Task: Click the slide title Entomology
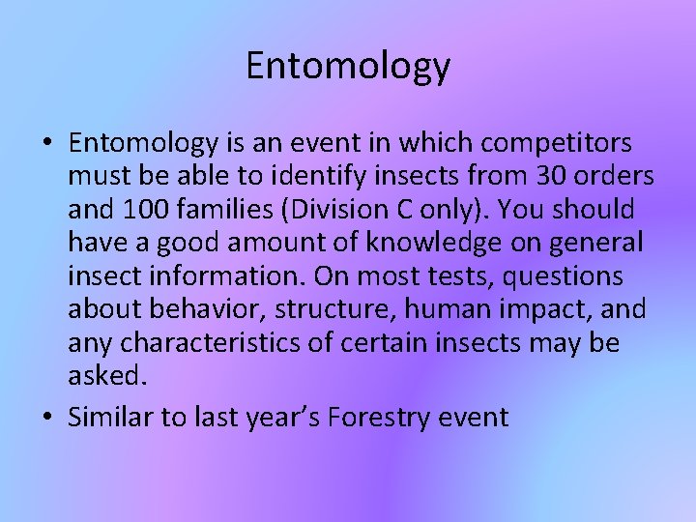point(348,66)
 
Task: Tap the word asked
point(105,377)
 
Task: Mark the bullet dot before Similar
point(46,418)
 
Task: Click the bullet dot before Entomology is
point(46,144)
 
